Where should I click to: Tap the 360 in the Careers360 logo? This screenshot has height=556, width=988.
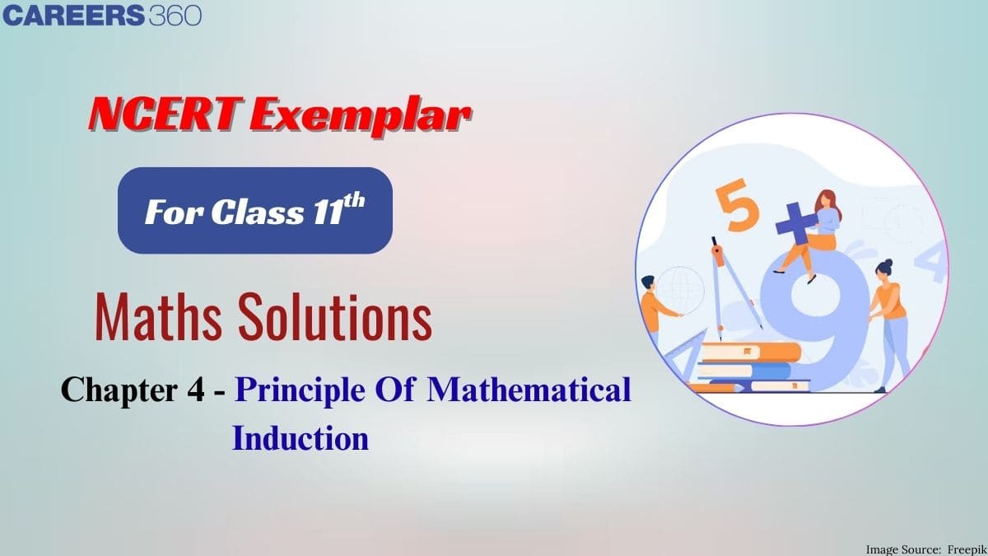point(175,16)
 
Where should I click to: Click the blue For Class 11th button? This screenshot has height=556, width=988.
point(254,211)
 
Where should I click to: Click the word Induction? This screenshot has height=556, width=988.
point(300,438)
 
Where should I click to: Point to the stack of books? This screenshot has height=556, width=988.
point(745,367)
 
